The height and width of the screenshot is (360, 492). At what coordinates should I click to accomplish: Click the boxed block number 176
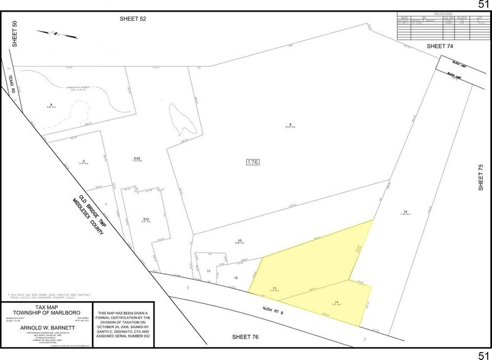pyautogui.click(x=252, y=162)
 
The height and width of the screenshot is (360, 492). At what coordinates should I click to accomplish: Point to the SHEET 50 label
pyautogui.click(x=15, y=34)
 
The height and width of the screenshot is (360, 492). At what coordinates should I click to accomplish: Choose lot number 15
pyautogui.click(x=405, y=211)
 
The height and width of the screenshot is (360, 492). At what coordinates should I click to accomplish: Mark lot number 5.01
pyautogui.click(x=146, y=219)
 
